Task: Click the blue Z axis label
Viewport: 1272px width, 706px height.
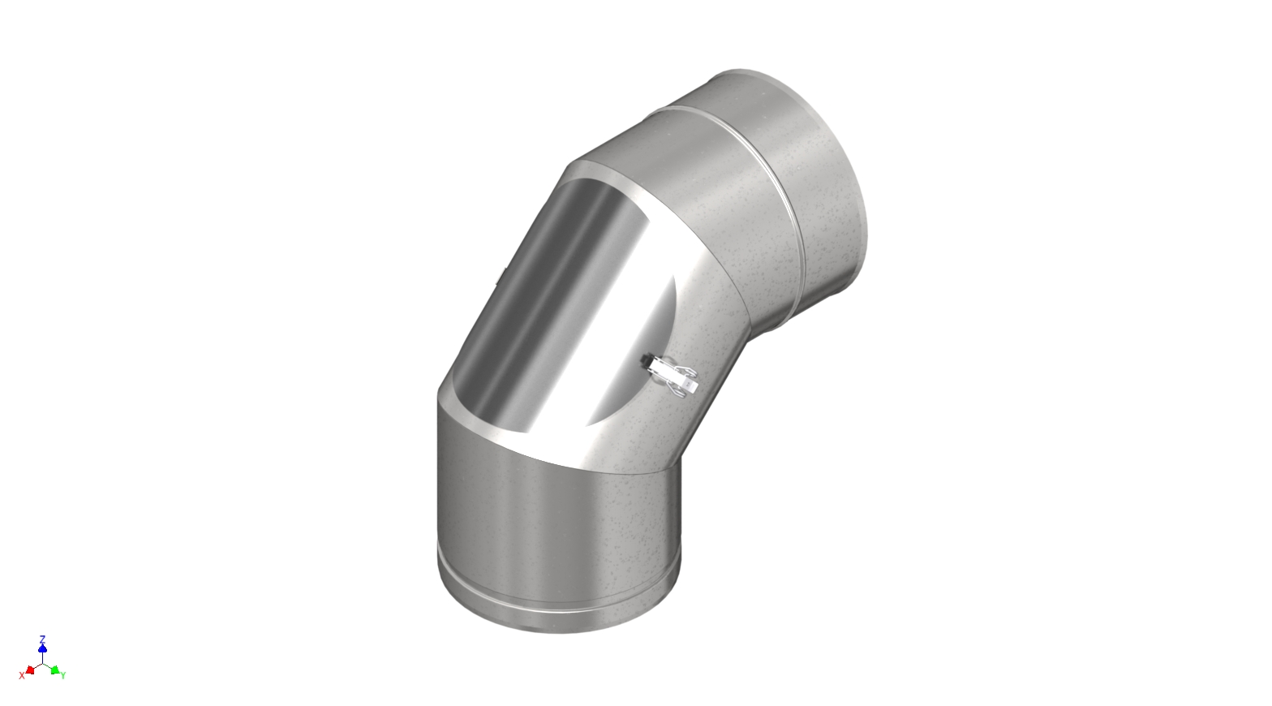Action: tap(42, 639)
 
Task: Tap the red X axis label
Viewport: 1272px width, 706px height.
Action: tap(22, 675)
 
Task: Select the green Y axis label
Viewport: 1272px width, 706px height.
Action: tap(63, 675)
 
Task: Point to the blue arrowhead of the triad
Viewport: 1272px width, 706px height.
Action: tap(42, 648)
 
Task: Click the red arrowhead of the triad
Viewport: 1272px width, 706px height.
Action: tap(30, 670)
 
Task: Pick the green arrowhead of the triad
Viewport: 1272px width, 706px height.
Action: tap(54, 670)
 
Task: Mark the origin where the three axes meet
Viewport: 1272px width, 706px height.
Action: tap(42, 663)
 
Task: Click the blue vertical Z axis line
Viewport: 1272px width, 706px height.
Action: tap(42, 656)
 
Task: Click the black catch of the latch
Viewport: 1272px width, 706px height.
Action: tap(647, 358)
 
